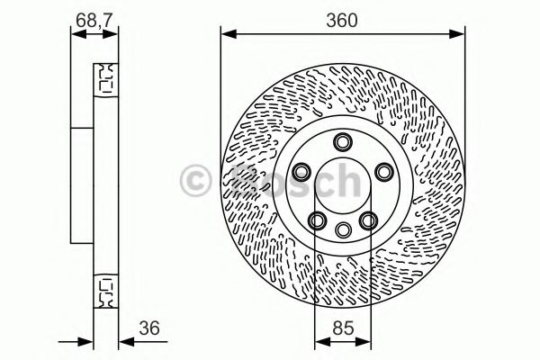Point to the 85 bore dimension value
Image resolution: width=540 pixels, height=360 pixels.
pos(342,329)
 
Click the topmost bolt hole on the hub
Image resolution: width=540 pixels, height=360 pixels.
pos(343,141)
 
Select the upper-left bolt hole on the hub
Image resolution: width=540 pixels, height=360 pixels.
pos(302,171)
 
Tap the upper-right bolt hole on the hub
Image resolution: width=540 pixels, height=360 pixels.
pos(383,171)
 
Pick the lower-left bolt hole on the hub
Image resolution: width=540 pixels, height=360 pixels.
pos(318,219)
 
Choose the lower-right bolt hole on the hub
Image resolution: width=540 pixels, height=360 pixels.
pos(367,219)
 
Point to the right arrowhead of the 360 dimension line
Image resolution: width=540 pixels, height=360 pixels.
pos(460,35)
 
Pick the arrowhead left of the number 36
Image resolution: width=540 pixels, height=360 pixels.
pos(126,343)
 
